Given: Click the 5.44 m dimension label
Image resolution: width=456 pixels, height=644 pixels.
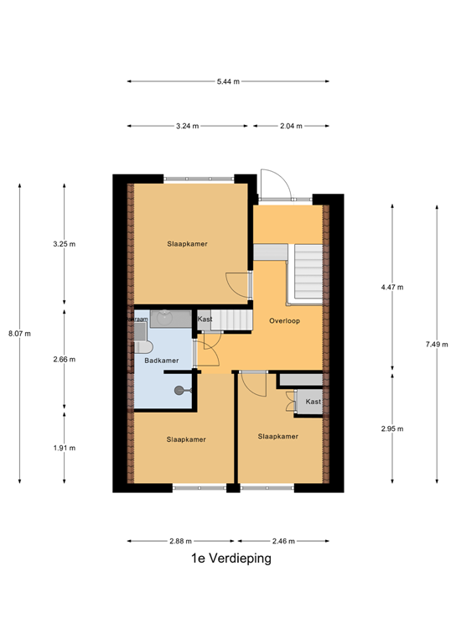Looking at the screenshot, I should pyautogui.click(x=228, y=81).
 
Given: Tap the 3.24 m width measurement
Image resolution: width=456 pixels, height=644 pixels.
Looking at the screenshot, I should pyautogui.click(x=187, y=126).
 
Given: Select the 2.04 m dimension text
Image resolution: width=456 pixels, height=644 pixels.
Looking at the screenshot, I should pyautogui.click(x=291, y=126).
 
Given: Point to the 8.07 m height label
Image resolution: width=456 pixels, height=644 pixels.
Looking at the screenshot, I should pyautogui.click(x=19, y=333).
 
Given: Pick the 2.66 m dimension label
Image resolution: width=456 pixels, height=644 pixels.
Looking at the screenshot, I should pyautogui.click(x=65, y=359).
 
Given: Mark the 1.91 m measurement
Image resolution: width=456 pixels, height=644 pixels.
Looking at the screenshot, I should pyautogui.click(x=65, y=448).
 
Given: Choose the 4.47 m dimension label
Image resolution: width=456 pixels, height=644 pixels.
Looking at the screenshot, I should pyautogui.click(x=392, y=288).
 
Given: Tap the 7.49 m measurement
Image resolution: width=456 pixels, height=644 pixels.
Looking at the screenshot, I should pyautogui.click(x=438, y=343).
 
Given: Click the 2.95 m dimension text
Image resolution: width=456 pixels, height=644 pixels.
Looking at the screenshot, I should pyautogui.click(x=392, y=428).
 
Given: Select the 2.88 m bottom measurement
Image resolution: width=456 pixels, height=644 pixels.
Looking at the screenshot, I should pyautogui.click(x=182, y=542).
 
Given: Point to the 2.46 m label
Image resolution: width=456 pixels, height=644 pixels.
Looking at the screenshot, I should pyautogui.click(x=281, y=542).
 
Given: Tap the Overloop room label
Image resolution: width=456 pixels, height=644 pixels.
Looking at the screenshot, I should pyautogui.click(x=284, y=321).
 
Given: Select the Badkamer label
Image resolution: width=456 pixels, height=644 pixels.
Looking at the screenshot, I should pyautogui.click(x=161, y=361).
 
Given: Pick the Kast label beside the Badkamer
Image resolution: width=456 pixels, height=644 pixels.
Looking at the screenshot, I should pyautogui.click(x=205, y=319).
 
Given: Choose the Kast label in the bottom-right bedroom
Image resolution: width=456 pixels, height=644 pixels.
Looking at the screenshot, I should pyautogui.click(x=313, y=402).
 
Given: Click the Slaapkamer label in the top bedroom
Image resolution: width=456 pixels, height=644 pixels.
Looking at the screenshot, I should pyautogui.click(x=186, y=244).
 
